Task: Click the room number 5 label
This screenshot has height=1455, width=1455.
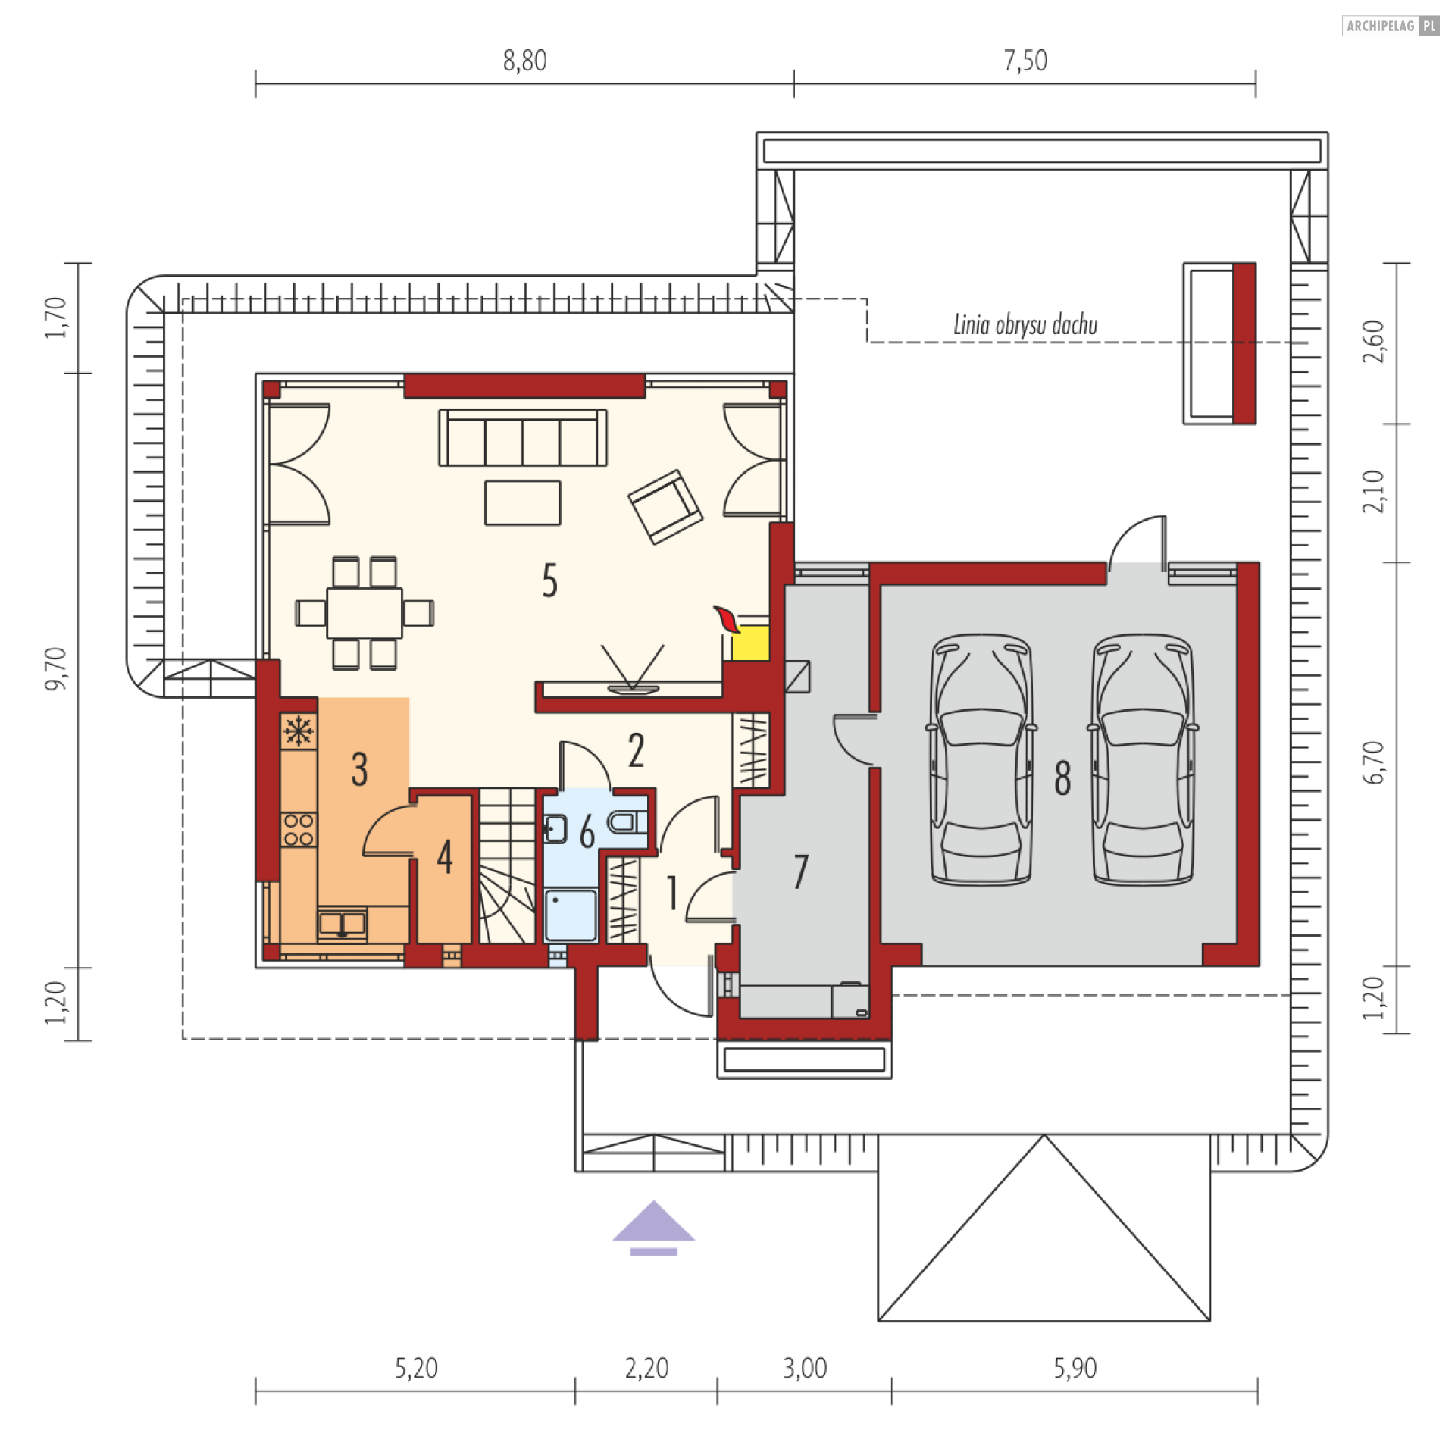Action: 550,581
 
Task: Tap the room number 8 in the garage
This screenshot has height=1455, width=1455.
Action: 1062,778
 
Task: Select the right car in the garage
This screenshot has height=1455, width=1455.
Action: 1143,759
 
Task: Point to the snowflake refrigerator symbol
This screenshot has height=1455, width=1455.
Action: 299,731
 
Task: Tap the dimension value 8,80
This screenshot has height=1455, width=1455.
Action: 524,61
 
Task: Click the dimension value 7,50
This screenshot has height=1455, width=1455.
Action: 1025,61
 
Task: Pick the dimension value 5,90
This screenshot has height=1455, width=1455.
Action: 1075,1369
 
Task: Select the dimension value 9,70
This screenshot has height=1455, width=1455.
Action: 57,668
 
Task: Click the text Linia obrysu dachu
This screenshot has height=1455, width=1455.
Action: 1025,325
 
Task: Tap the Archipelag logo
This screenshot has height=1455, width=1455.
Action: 1390,26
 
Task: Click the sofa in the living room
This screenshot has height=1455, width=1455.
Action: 523,438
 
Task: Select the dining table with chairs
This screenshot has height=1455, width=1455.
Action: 365,613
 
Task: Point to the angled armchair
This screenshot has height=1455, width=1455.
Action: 665,506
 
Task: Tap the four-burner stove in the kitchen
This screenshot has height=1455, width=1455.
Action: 299,829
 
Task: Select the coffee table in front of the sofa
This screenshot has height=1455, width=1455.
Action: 523,502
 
